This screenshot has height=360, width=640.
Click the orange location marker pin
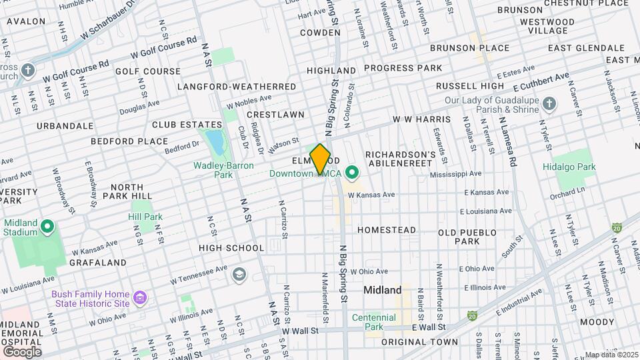coord(320,159)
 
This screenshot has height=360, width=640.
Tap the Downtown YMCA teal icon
coord(353,174)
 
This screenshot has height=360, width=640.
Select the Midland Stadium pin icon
coord(47,227)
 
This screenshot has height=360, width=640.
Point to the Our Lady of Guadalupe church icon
coord(549,104)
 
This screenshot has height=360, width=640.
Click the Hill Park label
coord(145,217)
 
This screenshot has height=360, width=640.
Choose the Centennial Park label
coord(375,322)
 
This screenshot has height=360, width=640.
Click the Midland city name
coord(382,290)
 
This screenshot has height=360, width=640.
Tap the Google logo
coord(22,351)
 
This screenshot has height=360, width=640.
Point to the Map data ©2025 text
coord(611,355)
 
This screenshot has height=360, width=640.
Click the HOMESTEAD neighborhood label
coord(386,229)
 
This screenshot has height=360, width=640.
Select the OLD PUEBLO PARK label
coord(467,237)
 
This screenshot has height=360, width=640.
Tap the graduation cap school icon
coord(238,274)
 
